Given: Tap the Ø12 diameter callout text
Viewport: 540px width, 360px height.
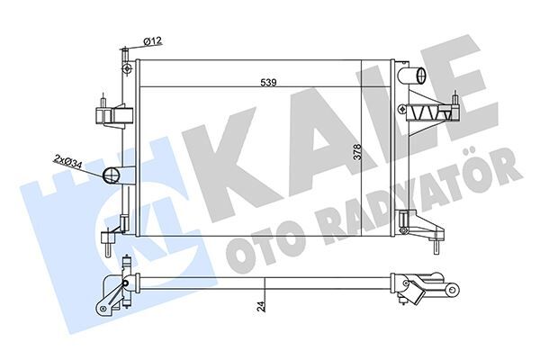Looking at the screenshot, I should point(152,40).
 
